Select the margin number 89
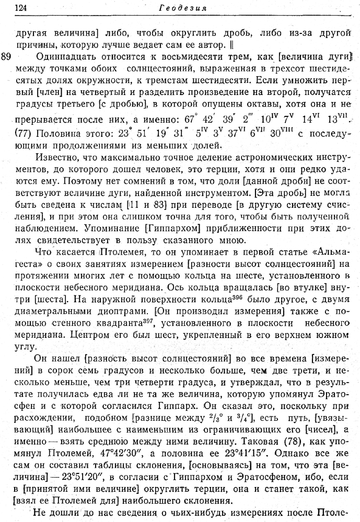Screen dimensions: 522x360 [7, 56]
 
